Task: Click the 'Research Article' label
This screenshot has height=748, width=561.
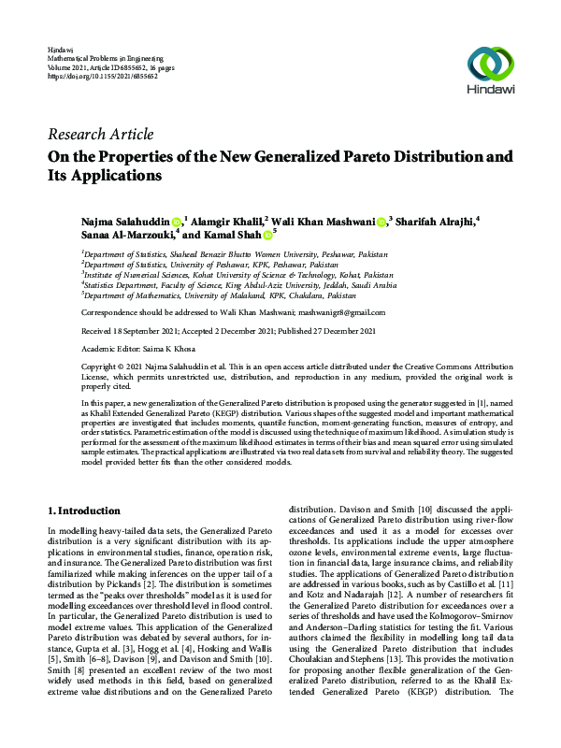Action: [x=100, y=135]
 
